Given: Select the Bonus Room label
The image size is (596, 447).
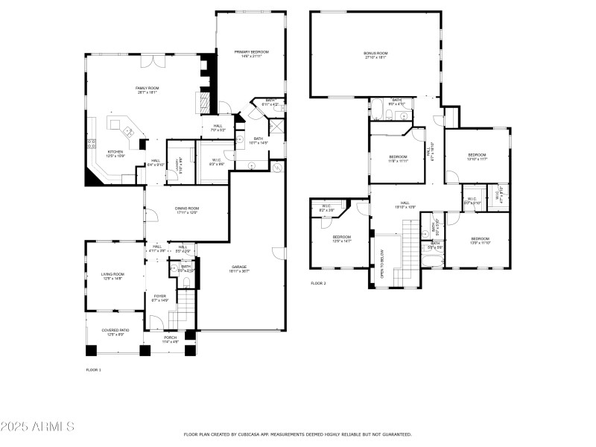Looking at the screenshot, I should pyautogui.click(x=376, y=54).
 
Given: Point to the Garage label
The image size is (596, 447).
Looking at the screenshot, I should pyautogui.click(x=238, y=267).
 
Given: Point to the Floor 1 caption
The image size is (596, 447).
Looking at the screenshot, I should pyautogui.click(x=93, y=370).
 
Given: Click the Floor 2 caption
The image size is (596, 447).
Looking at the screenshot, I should pyautogui.click(x=318, y=283).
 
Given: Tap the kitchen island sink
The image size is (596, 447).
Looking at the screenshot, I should pyautogui.click(x=128, y=132).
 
